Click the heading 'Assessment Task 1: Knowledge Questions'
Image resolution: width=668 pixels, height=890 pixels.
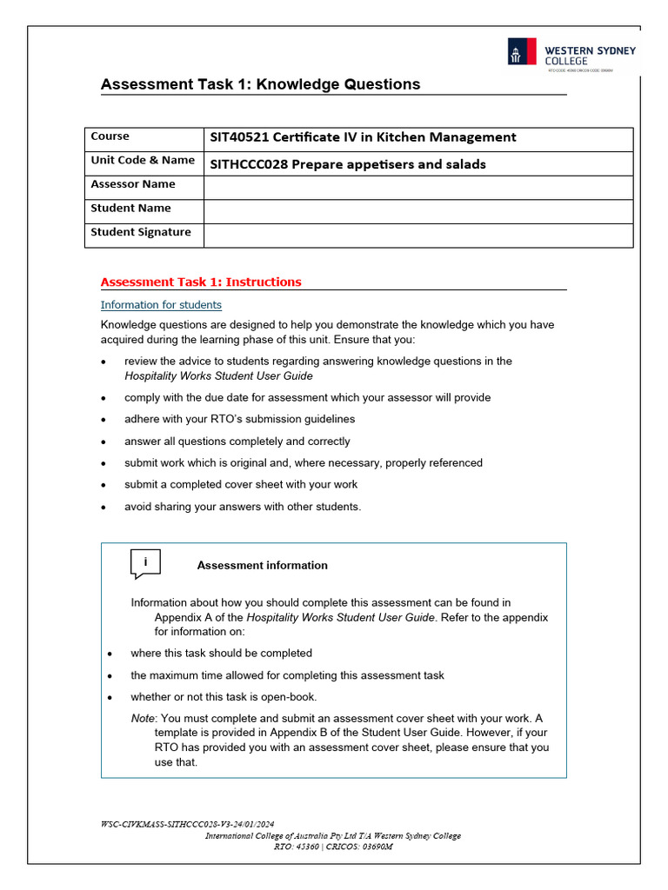point(260,84)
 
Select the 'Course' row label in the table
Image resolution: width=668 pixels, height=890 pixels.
point(110,136)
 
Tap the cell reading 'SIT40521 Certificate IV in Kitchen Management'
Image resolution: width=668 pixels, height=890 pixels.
point(363,137)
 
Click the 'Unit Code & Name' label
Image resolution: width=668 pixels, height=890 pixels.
point(143,160)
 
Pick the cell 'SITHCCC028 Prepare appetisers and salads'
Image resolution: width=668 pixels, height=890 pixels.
point(348,164)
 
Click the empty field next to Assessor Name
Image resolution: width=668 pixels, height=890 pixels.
point(417,187)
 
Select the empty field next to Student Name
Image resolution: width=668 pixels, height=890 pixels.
point(417,211)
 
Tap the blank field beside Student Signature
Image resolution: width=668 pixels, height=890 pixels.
point(417,235)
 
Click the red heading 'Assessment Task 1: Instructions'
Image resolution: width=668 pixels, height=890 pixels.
point(201,282)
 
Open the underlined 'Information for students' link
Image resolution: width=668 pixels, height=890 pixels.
point(161,305)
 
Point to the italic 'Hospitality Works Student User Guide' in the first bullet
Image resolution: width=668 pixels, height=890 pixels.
point(218,376)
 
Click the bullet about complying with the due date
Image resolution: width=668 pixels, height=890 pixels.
point(307,397)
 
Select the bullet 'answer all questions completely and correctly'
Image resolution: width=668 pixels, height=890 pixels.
point(237,442)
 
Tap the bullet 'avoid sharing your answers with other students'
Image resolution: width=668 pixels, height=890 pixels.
point(243,507)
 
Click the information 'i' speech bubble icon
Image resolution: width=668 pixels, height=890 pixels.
point(145,563)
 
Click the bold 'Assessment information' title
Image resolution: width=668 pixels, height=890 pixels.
point(262,565)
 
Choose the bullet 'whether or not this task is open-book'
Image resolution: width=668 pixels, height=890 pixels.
point(224,697)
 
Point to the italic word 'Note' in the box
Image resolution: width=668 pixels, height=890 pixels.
point(143,719)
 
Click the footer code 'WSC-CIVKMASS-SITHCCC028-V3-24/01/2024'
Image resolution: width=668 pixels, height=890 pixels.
point(188,823)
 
